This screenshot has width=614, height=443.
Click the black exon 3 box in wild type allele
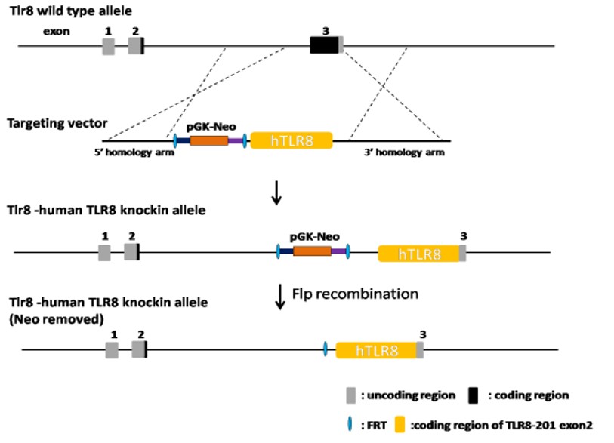(x=323, y=45)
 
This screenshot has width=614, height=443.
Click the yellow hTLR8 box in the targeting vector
(x=292, y=140)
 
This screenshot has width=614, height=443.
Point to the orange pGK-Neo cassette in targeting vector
(x=209, y=140)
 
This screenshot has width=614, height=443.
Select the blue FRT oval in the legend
(x=348, y=424)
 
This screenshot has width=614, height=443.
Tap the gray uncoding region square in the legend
(x=350, y=395)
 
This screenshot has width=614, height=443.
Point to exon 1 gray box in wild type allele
(x=109, y=45)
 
